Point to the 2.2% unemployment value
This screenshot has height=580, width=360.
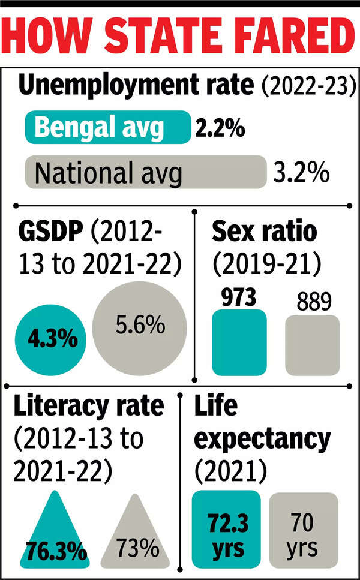[x=219, y=129]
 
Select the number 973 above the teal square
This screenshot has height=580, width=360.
[x=238, y=297]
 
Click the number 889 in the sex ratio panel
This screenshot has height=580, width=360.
[x=312, y=301]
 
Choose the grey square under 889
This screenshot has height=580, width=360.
[x=312, y=346]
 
